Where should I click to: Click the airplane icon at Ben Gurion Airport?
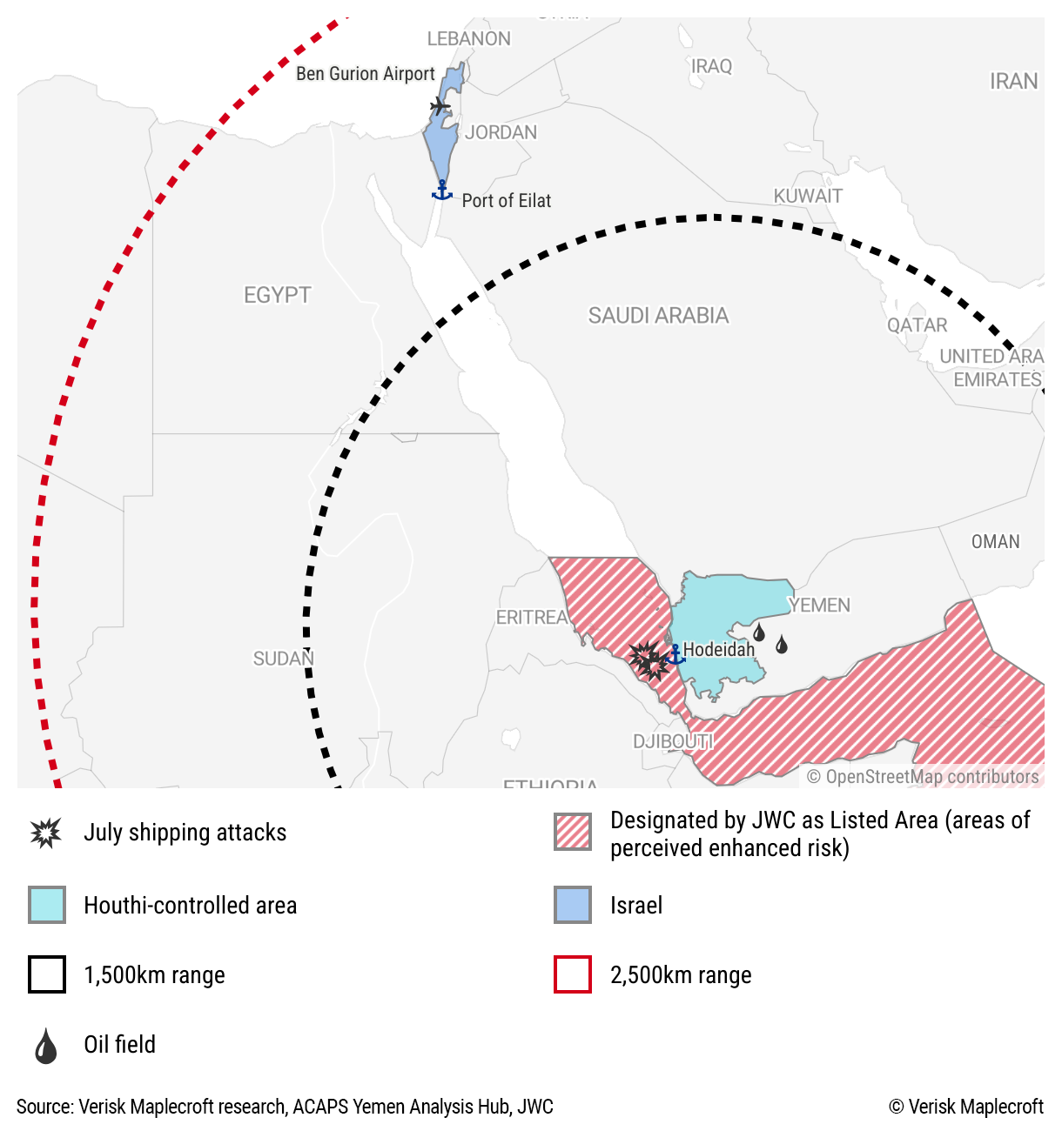pos(440,106)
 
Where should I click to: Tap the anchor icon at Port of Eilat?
pos(442,191)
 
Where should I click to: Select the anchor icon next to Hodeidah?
pos(675,655)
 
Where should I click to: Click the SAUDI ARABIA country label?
pos(658,316)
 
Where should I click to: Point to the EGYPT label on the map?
pos(277,296)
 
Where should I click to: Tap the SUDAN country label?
pos(283,659)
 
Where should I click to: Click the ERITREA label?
pos(532,617)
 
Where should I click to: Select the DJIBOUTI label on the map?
pos(673,741)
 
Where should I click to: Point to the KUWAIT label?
pos(808,196)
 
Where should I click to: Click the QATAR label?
pos(917,325)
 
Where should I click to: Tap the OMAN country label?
pos(995,542)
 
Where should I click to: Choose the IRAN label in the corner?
pos(1013,82)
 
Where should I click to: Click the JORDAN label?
pos(501,132)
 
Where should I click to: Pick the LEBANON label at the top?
pos(468,39)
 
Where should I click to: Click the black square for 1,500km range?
pos(47,974)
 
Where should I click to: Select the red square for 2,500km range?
pos(573,974)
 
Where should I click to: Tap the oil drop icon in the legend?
pos(46,1046)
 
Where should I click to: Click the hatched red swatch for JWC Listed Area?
pos(573,832)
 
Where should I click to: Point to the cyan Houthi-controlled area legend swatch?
pos(47,905)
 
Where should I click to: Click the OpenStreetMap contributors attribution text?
pos(922,776)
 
